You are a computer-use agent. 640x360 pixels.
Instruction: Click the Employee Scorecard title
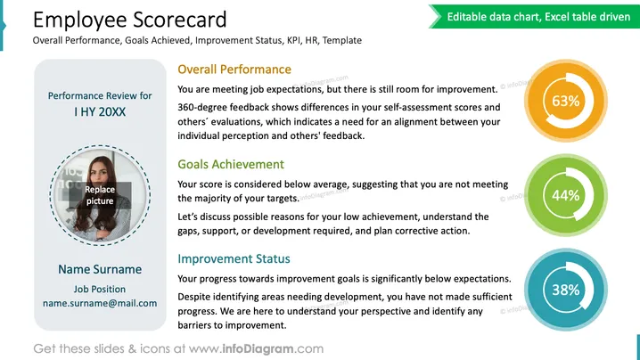130,20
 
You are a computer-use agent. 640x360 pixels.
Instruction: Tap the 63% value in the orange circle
566,101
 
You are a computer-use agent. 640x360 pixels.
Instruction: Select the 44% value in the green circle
566,195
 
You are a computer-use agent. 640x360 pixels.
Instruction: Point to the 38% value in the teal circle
566,290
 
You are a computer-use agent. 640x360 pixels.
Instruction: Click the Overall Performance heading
234,70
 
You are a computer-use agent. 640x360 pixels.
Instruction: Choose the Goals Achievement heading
231,164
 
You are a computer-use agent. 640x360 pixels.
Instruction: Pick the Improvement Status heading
234,258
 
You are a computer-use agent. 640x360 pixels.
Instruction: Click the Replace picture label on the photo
100,195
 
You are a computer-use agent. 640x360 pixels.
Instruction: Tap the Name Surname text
100,269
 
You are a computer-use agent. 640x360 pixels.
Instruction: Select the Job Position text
100,290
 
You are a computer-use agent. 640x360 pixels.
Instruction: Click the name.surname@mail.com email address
100,303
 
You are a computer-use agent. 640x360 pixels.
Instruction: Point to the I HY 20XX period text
100,112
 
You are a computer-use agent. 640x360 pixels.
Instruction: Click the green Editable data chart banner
534,17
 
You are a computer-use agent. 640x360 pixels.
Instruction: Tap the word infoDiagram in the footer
258,349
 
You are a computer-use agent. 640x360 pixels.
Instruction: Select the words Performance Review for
100,95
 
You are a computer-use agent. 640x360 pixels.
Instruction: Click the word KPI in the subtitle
293,40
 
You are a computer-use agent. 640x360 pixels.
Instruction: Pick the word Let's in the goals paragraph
187,217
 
